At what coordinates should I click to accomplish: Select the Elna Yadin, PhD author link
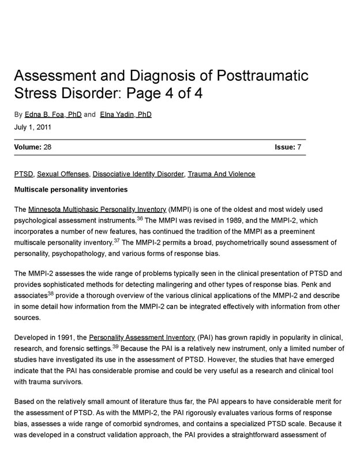[x=126, y=114]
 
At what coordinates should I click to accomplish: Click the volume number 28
[x=47, y=148]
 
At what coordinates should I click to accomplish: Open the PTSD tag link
[x=24, y=174]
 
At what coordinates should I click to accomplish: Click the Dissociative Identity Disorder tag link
[x=138, y=174]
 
